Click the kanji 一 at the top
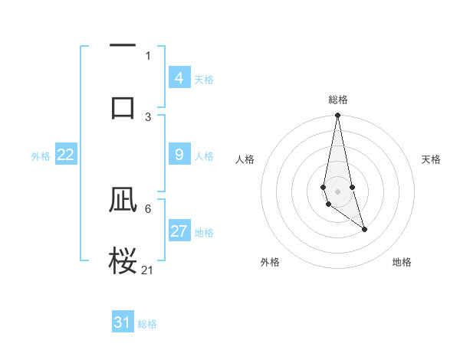[123, 46]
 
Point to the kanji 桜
[123, 259]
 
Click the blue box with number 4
[179, 77]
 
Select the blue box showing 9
[179, 155]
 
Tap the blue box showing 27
[179, 231]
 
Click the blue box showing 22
[65, 155]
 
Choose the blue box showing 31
[123, 322]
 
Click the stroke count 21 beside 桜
[148, 270]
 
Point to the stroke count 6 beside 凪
[148, 208]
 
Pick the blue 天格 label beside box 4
[204, 80]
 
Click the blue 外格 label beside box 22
[41, 156]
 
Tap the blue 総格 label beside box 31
[147, 324]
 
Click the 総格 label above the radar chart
[337, 100]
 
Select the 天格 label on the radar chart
[432, 159]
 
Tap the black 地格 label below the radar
[402, 262]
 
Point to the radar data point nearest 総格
[337, 116]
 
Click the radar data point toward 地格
[364, 229]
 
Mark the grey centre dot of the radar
[337, 190]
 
